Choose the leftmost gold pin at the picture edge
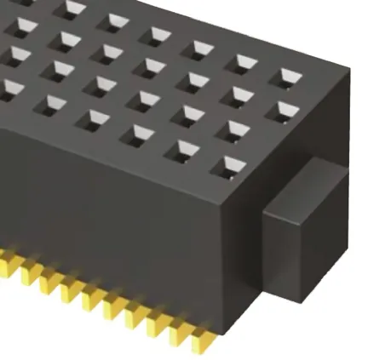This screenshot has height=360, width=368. pyautogui.click(x=4, y=260)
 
